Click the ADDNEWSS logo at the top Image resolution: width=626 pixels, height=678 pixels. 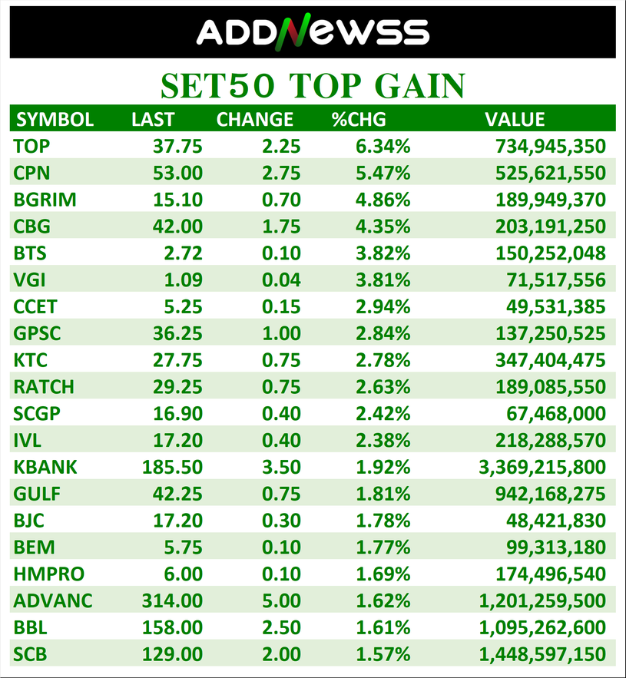pyautogui.click(x=313, y=32)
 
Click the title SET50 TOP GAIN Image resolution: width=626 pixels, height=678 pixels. pyautogui.click(x=313, y=85)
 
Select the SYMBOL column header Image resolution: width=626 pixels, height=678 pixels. pyautogui.click(x=55, y=119)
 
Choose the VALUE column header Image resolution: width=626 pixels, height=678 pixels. pyautogui.click(x=515, y=119)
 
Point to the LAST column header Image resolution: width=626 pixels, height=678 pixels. pyautogui.click(x=153, y=119)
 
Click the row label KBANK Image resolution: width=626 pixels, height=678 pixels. pyautogui.click(x=45, y=467)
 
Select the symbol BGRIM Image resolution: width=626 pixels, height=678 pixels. pyautogui.click(x=45, y=200)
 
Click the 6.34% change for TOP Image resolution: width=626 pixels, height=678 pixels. pyautogui.click(x=383, y=146)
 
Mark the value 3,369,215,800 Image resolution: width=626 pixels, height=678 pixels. pyautogui.click(x=542, y=467)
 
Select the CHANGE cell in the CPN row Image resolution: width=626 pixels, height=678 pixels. pyautogui.click(x=280, y=173)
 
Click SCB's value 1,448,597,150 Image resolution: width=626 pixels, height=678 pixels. pyautogui.click(x=542, y=654)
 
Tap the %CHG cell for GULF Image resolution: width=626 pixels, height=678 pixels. pyautogui.click(x=383, y=494)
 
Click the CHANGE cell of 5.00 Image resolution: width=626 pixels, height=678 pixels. pyautogui.click(x=280, y=600)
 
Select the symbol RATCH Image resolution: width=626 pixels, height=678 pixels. pyautogui.click(x=44, y=387)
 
